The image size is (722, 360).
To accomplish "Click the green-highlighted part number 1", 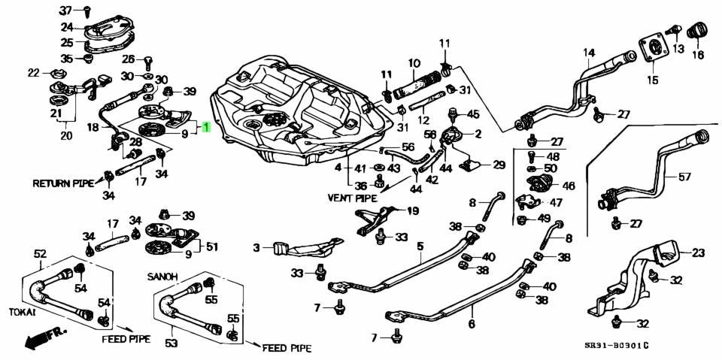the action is [x=206, y=126].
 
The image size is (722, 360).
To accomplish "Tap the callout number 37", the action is [x=66, y=10].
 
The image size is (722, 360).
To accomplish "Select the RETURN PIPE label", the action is [x=62, y=183].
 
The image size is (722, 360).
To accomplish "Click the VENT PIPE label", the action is [x=352, y=198].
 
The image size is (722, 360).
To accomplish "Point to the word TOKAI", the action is [x=23, y=312].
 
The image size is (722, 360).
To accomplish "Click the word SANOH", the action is [x=161, y=277].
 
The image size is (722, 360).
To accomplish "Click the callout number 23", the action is [x=698, y=252].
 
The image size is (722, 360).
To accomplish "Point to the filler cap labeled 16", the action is [x=696, y=32].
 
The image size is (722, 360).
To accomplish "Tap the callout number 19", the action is [x=413, y=211].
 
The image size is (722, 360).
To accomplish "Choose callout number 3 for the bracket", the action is [x=256, y=249].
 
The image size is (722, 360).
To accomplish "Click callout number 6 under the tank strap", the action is [x=471, y=324].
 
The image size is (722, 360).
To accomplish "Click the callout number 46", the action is [x=569, y=186].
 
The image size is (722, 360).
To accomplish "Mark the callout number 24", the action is [x=67, y=26].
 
